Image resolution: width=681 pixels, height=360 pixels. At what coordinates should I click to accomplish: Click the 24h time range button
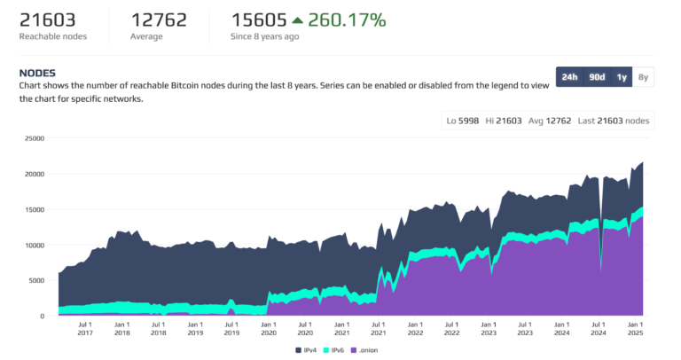pyautogui.click(x=569, y=77)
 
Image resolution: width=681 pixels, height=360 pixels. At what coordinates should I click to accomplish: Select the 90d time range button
pyautogui.click(x=598, y=77)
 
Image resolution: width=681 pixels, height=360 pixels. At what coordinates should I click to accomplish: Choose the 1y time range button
pyautogui.click(x=622, y=77)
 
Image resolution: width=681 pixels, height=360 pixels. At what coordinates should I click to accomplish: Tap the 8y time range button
pyautogui.click(x=644, y=77)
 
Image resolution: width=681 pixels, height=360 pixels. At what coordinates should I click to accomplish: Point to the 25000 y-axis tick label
pyautogui.click(x=33, y=138)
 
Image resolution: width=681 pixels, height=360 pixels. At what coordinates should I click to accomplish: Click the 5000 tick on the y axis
pyautogui.click(x=35, y=280)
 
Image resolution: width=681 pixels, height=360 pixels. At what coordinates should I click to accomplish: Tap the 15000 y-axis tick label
pyautogui.click(x=33, y=209)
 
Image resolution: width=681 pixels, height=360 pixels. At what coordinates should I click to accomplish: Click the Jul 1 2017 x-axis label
pyautogui.click(x=85, y=329)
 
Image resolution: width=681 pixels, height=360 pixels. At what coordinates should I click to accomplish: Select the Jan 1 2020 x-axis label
pyautogui.click(x=268, y=329)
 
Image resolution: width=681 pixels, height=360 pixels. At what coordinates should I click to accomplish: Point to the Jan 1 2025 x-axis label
pyautogui.click(x=634, y=329)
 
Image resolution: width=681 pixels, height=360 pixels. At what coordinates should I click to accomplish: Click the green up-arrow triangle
pyautogui.click(x=297, y=20)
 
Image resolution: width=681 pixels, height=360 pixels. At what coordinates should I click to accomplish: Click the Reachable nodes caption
pyautogui.click(x=54, y=36)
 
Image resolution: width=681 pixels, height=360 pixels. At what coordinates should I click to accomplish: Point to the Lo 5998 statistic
pyautogui.click(x=464, y=121)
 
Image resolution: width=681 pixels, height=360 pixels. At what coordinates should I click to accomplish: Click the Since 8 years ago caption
pyautogui.click(x=265, y=36)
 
